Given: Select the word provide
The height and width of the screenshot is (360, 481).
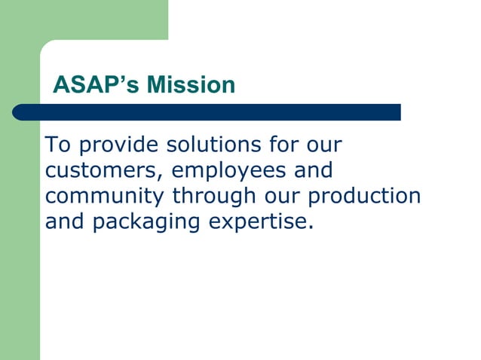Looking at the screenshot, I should [x=118, y=145].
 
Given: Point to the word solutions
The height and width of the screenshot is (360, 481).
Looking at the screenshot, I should [x=216, y=144].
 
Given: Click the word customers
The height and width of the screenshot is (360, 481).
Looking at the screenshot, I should [x=100, y=170].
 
